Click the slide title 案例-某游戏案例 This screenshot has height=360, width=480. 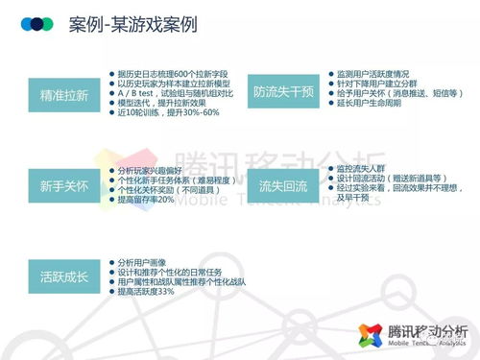click(133, 23)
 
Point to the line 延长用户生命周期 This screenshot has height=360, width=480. click(370, 105)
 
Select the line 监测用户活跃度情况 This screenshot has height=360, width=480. click(379, 72)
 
